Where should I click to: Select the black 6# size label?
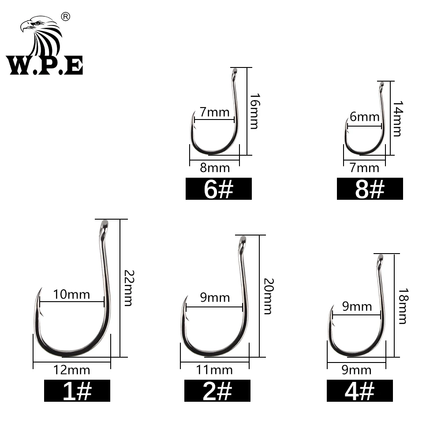click(x=218, y=189)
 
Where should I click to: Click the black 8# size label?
click(x=370, y=189)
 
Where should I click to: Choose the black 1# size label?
click(x=77, y=391)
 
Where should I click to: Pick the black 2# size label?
click(x=217, y=391)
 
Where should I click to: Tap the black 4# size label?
click(x=359, y=391)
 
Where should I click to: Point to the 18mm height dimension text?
click(x=402, y=306)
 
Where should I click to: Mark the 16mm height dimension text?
click(x=254, y=111)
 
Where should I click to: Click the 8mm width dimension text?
click(x=215, y=168)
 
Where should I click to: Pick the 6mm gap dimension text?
click(x=364, y=117)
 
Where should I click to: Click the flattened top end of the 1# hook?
click(x=105, y=224)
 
